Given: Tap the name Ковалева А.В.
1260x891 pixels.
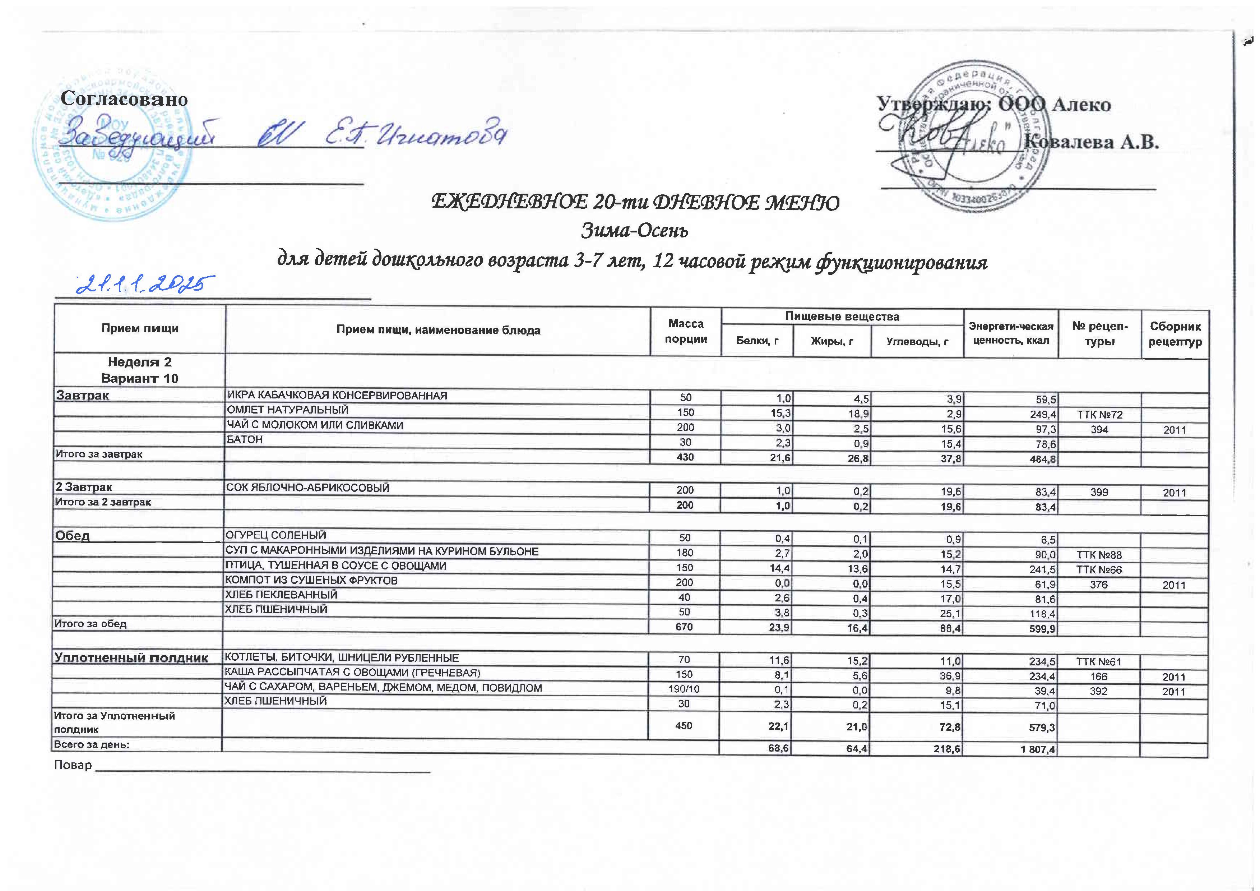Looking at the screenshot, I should click(x=1092, y=142).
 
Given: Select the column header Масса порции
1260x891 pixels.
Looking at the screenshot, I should click(x=685, y=331).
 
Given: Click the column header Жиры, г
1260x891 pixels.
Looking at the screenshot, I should click(x=832, y=341).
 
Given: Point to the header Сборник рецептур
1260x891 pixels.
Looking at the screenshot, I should click(x=1175, y=334).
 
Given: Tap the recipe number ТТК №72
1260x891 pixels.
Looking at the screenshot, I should click(x=1099, y=415).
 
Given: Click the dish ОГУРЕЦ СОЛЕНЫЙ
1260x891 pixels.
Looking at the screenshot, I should click(x=277, y=535).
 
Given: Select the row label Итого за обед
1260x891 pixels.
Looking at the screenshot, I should click(x=90, y=624).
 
